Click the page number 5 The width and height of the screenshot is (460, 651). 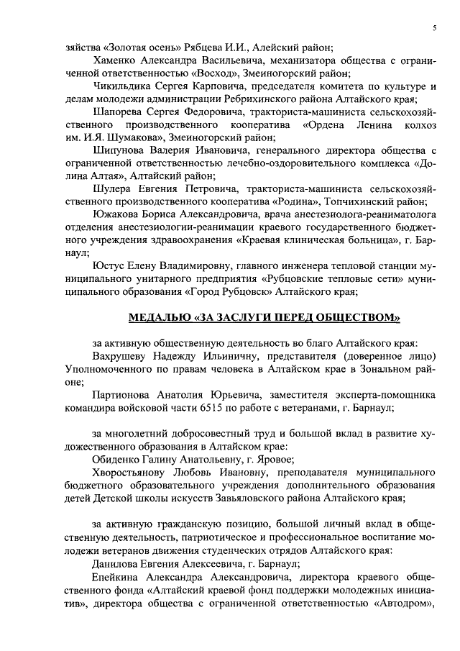click(x=435, y=27)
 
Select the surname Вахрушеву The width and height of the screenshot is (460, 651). click(x=122, y=356)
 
